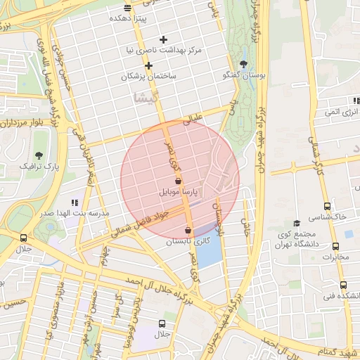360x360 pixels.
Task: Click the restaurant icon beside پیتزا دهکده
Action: point(127,8)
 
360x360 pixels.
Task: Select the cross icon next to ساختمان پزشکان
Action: point(149,65)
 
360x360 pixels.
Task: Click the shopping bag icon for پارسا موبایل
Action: point(178,181)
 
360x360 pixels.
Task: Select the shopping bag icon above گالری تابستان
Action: point(188,231)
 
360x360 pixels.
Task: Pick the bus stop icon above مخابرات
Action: point(335,247)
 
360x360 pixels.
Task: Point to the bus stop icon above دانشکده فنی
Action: point(343,285)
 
